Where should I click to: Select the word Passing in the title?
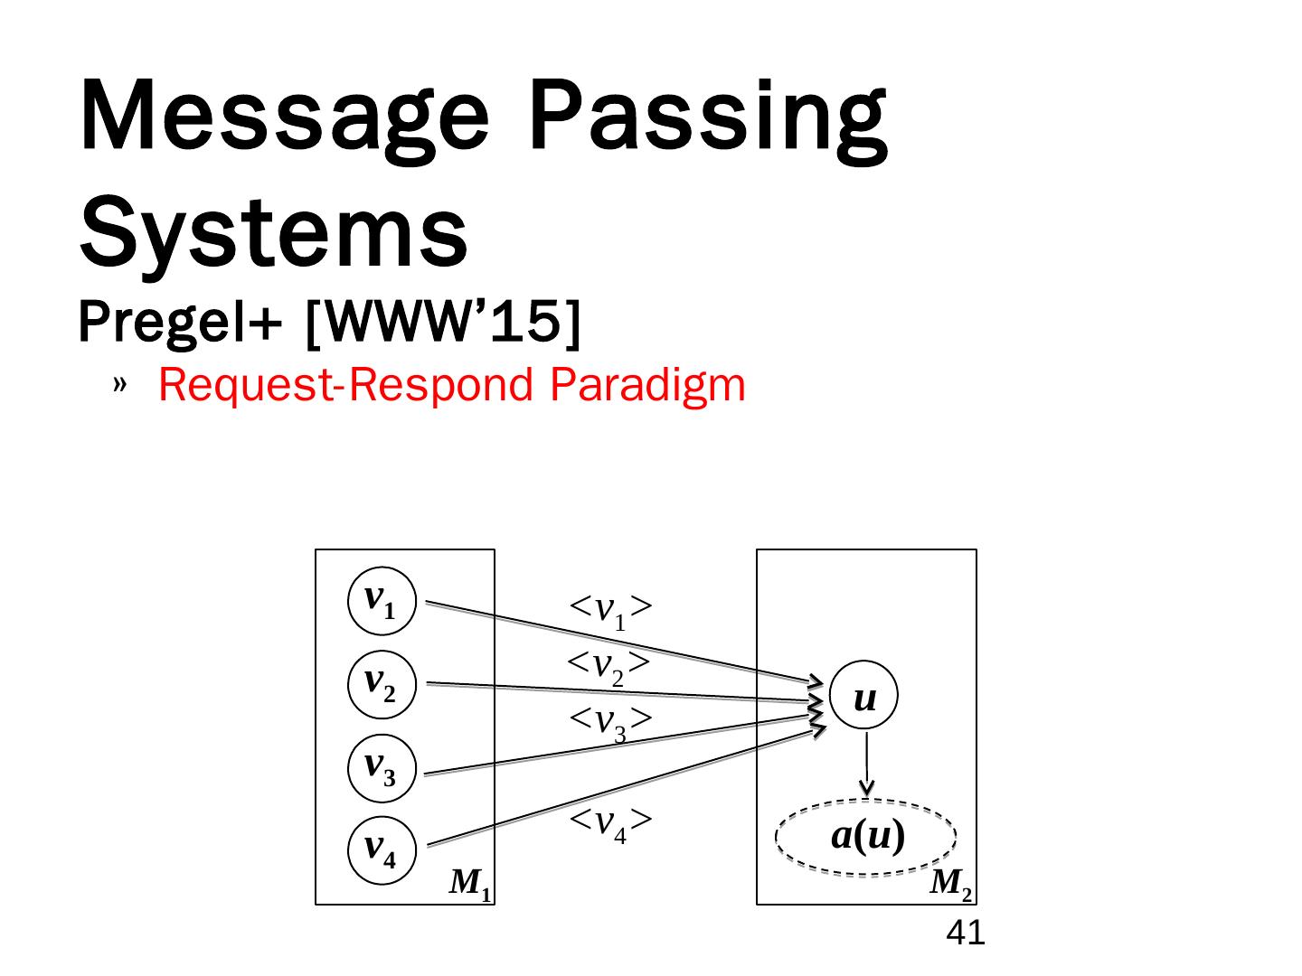pos(707,117)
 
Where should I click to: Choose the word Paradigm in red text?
pos(647,385)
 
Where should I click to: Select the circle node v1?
pos(382,601)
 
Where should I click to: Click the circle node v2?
pos(382,684)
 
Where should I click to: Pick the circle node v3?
pos(382,768)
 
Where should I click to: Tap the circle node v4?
pos(382,850)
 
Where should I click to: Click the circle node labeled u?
pos(864,696)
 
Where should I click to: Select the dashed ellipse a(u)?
pos(866,838)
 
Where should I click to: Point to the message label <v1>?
pos(610,610)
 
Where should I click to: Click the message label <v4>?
pos(610,822)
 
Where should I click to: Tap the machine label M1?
pos(470,883)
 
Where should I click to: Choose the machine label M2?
pos(951,883)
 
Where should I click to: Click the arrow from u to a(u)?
pos(866,764)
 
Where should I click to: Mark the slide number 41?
pos(965,933)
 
